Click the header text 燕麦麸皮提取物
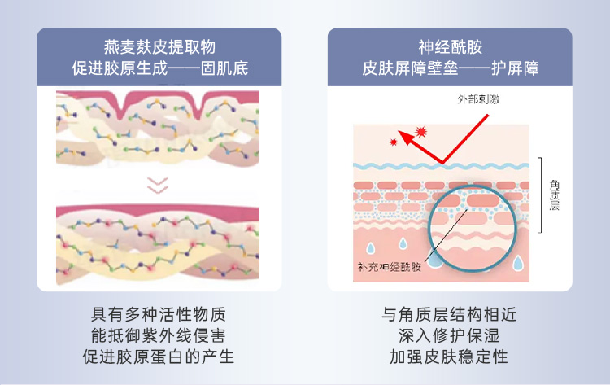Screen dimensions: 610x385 tap(159, 46)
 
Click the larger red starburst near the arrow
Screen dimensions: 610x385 tap(420, 130)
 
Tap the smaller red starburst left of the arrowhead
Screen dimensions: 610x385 tap(394, 142)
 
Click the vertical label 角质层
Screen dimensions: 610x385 tap(555, 196)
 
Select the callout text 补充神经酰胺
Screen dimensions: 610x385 tap(390, 266)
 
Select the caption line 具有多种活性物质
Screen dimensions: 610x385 tap(159, 314)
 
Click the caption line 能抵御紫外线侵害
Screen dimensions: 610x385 tap(159, 335)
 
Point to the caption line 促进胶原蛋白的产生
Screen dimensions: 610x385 tap(159, 357)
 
